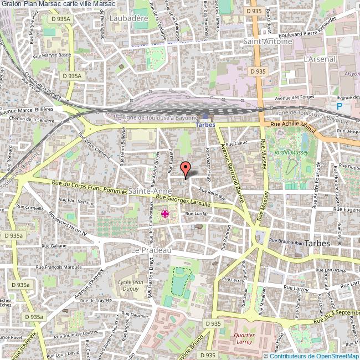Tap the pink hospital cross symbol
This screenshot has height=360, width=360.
164,214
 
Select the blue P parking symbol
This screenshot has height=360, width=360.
340,106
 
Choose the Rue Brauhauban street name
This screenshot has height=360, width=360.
288,241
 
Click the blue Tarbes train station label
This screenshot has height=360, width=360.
206,125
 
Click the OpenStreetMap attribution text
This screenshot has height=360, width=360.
311,356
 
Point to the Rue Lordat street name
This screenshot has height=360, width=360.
196,213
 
